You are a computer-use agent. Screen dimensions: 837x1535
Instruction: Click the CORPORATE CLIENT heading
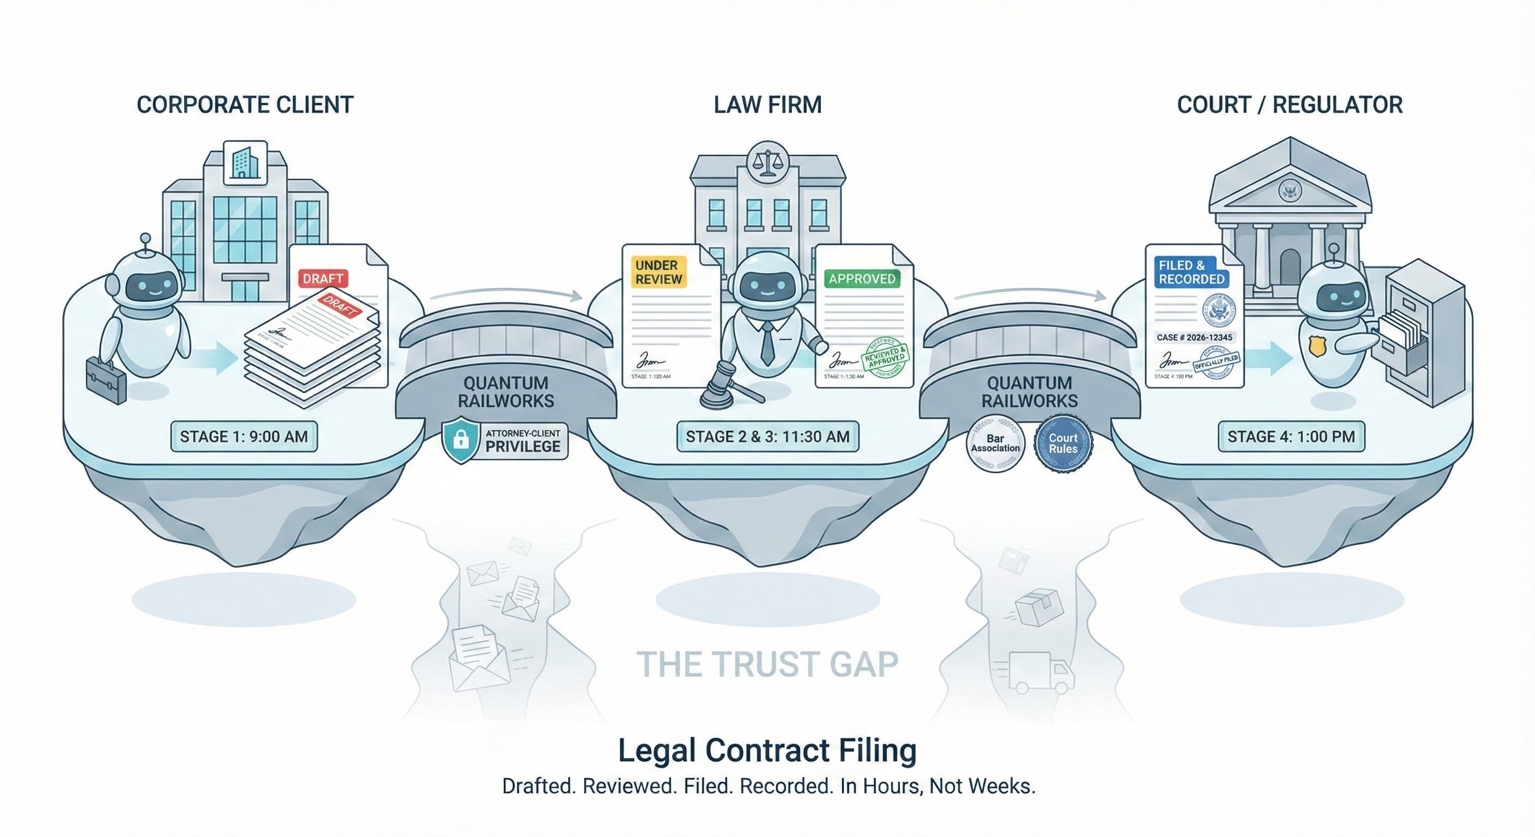tap(245, 105)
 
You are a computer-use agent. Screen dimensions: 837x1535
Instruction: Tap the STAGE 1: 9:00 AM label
tap(244, 436)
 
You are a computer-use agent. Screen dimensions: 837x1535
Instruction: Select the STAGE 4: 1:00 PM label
tap(1291, 436)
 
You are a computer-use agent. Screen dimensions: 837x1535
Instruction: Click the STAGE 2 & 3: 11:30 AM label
tap(767, 436)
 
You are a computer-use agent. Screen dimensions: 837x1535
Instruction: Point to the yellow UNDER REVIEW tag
tap(658, 272)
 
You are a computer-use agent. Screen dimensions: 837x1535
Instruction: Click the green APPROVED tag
tap(862, 279)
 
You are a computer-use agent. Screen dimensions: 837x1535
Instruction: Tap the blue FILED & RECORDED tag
tap(1191, 272)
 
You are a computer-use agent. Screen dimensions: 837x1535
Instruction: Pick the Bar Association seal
tap(995, 444)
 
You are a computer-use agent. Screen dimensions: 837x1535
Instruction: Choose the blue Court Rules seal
tap(1063, 444)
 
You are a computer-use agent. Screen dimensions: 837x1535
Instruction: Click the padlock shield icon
tap(460, 440)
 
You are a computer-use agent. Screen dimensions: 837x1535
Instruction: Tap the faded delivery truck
tap(1040, 672)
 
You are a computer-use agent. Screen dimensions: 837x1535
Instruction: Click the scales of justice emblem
tap(767, 160)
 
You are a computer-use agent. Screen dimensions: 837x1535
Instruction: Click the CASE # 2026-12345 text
tap(1194, 337)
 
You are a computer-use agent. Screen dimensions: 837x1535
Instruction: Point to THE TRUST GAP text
tap(767, 664)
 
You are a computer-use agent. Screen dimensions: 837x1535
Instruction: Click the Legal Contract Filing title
tap(767, 750)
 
